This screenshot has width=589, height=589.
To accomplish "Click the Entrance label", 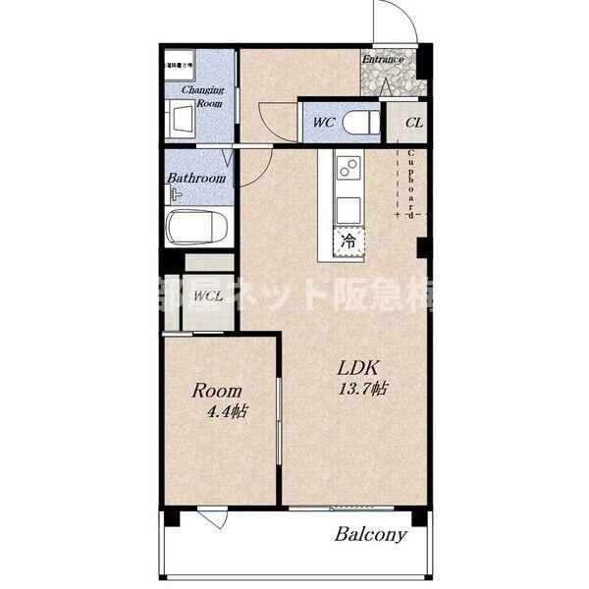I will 383,59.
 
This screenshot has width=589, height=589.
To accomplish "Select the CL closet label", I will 413,124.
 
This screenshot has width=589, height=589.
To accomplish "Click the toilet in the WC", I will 362,122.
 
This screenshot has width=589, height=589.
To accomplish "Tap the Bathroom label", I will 196,179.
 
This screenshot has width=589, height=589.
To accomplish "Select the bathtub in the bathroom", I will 198,229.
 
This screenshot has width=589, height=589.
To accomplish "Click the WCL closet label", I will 207,295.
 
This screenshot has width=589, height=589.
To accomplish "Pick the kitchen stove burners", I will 347,170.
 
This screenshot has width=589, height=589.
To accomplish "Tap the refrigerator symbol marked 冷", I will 348,239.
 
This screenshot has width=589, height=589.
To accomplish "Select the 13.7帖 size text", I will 361,389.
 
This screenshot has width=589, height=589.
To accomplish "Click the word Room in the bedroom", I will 217,391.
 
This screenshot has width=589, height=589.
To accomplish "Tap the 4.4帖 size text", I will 226,412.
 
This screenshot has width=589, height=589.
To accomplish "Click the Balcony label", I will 370,535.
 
